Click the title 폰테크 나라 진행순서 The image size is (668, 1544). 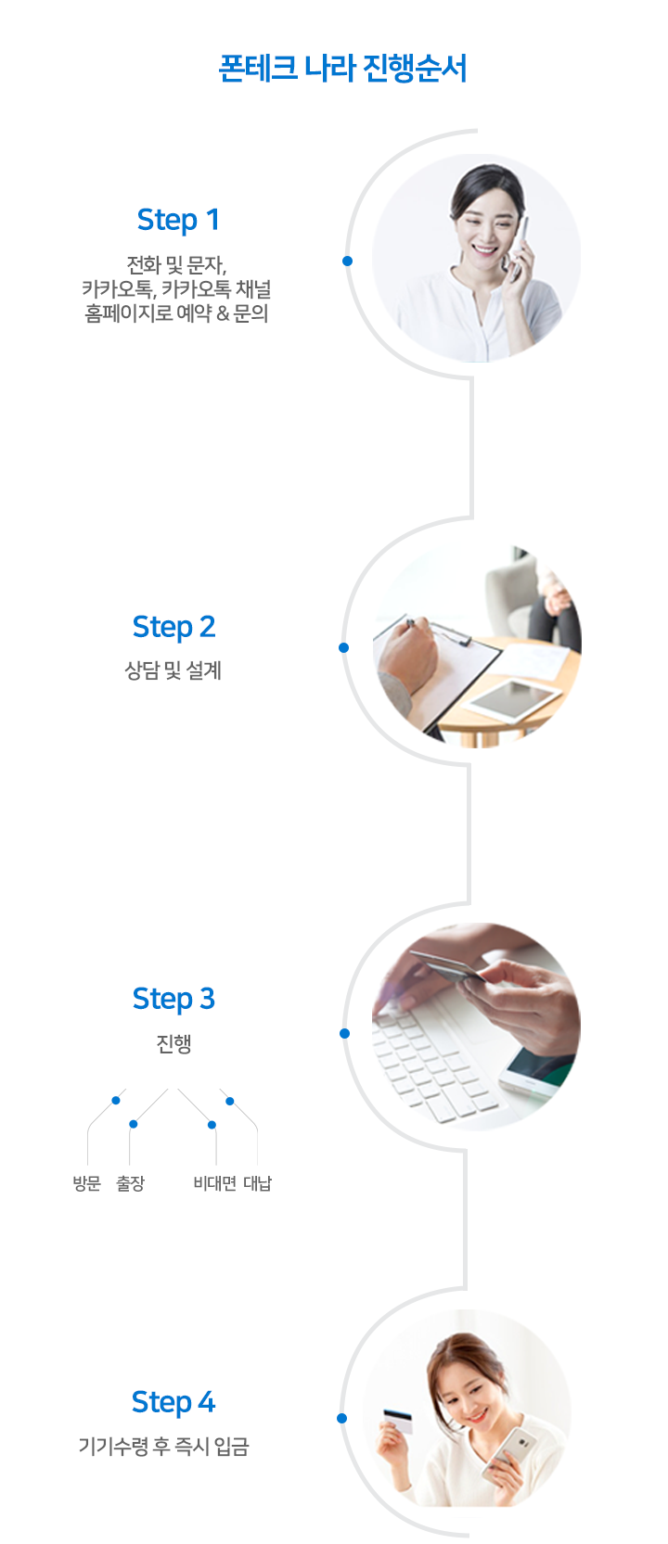pos(342,69)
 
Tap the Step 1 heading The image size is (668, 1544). pos(178,221)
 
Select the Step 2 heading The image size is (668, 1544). pos(173,627)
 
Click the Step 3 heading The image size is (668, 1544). pos(173,1000)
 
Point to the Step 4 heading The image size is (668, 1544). pos(173,1403)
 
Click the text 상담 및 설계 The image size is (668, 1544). pos(173,670)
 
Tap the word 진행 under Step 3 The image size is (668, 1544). pos(173,1043)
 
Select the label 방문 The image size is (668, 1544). pos(87,1183)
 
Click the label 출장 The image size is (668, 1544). pos(130,1183)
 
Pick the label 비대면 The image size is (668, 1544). pos(215,1183)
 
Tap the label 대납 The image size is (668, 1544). pos(258,1183)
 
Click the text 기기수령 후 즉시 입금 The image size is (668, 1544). pos(163,1446)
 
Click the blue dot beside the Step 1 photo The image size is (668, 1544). pos(347,261)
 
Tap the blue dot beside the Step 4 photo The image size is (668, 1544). pos(342,1418)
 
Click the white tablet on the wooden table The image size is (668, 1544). pos(514,699)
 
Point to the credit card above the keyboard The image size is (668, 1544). pos(448,965)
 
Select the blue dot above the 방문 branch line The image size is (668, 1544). pos(116,1100)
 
